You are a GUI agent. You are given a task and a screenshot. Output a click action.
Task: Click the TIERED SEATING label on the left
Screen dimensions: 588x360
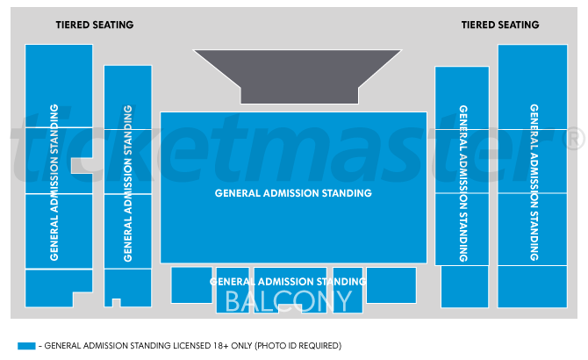click(x=94, y=25)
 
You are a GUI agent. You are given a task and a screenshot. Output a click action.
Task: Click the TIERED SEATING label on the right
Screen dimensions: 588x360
click(x=500, y=25)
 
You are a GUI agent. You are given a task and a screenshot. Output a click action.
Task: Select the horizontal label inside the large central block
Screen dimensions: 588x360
click(x=293, y=193)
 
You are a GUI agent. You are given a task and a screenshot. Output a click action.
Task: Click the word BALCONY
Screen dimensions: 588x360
click(x=289, y=301)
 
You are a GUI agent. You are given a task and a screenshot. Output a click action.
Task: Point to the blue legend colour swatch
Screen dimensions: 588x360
click(x=27, y=345)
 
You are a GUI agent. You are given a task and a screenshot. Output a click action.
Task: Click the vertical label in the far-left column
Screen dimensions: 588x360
click(x=54, y=182)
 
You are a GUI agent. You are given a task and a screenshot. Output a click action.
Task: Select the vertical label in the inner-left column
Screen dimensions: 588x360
click(x=128, y=184)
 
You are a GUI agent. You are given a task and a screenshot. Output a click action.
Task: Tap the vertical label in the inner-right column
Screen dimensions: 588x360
click(x=463, y=184)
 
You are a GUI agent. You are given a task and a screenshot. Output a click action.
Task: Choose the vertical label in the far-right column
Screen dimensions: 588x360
click(x=534, y=183)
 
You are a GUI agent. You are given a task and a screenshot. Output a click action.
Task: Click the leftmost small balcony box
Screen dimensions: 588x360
click(x=191, y=284)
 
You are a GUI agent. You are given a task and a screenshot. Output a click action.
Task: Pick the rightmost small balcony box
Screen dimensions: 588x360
click(x=391, y=284)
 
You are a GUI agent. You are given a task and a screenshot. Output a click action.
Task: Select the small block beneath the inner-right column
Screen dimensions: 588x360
click(x=464, y=287)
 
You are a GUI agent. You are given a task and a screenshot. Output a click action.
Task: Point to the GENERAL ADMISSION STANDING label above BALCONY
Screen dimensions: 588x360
click(x=288, y=281)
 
